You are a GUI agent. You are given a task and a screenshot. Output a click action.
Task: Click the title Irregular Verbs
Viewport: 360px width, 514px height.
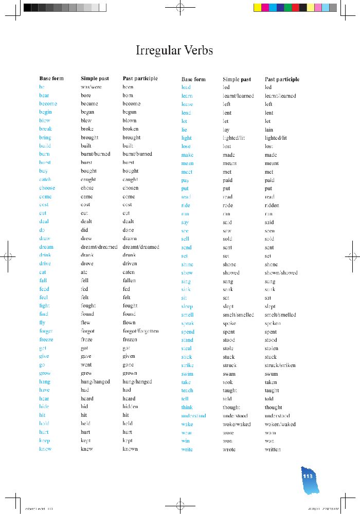(174, 50)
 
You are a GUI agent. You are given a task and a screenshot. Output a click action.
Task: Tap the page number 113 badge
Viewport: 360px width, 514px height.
(308, 476)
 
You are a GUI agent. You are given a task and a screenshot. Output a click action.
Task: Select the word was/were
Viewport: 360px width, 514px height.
(92, 87)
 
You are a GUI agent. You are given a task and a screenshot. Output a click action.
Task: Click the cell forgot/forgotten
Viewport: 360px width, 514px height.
(140, 331)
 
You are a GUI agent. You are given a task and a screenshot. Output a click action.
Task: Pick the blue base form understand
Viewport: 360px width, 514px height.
(193, 416)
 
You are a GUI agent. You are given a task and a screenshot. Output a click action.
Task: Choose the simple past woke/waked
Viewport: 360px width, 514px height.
(237, 424)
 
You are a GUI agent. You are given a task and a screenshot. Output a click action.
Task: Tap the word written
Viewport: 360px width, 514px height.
(273, 449)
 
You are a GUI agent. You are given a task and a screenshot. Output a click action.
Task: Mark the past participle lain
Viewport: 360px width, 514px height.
(269, 130)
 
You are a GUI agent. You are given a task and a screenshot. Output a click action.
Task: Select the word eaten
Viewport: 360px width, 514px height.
(129, 272)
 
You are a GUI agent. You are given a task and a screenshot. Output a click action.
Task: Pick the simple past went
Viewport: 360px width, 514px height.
(86, 364)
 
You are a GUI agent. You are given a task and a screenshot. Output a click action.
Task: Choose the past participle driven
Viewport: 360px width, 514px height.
(130, 264)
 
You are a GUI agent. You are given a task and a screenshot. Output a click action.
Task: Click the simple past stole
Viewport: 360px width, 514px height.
(228, 348)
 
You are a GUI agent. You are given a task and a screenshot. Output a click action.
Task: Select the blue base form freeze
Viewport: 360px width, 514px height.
(46, 339)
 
